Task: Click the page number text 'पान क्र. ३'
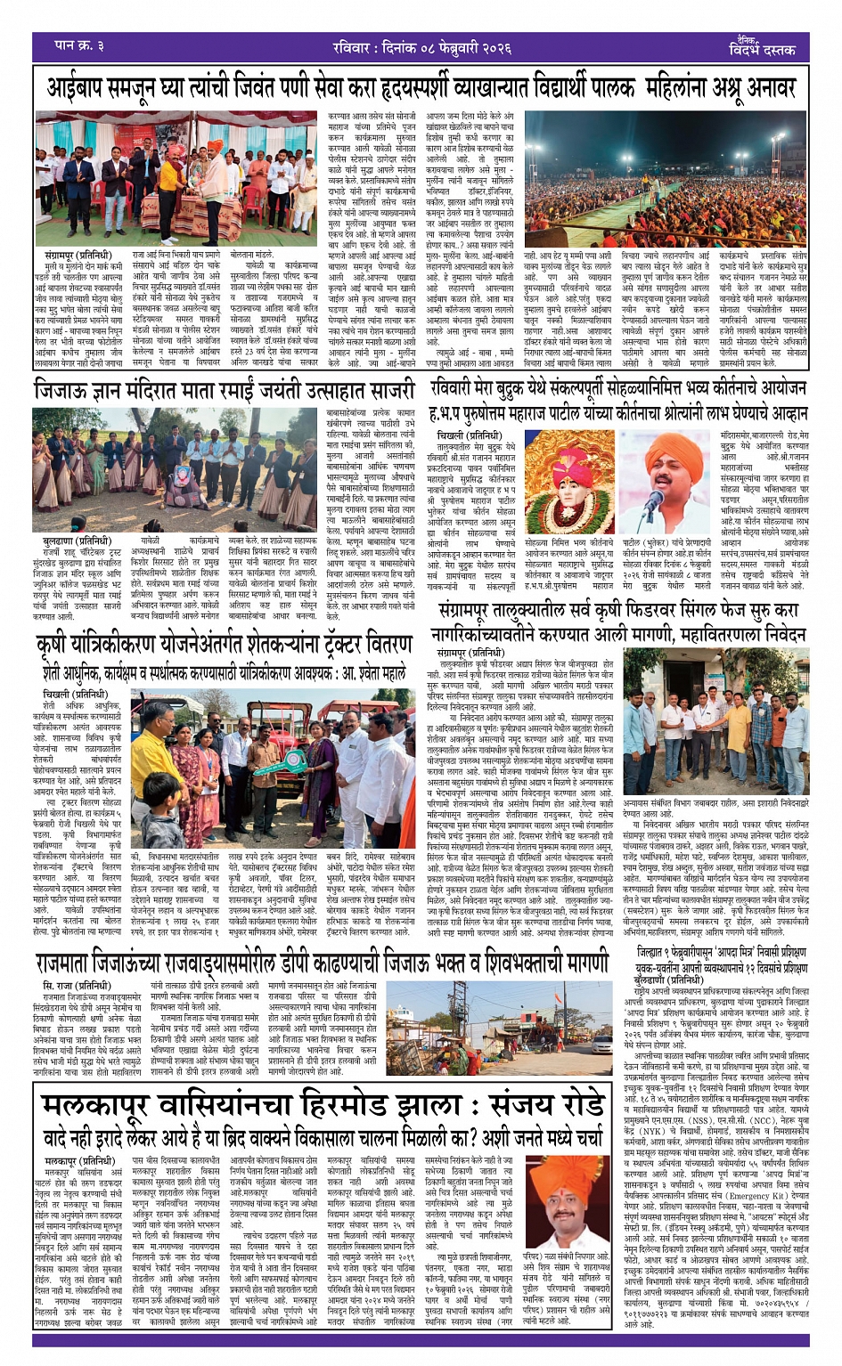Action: pos(80,45)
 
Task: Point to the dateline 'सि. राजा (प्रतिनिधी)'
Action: pos(77,986)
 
